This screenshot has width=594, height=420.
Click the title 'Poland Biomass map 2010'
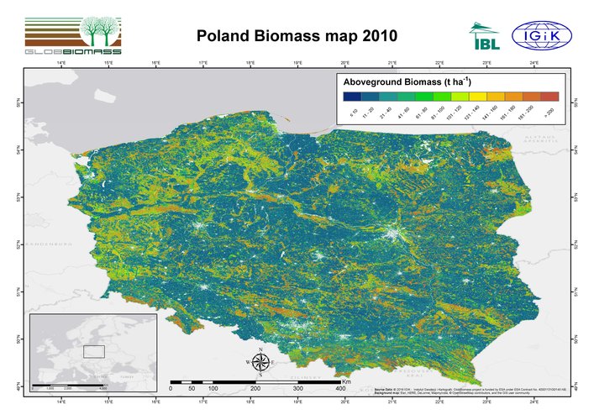pyautogui.click(x=296, y=36)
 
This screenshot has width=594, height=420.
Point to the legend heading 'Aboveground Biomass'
pyautogui.click(x=399, y=82)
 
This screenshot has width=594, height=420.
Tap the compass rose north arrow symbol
pyautogui.click(x=260, y=362)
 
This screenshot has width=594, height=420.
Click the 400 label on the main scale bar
pyautogui.click(x=340, y=389)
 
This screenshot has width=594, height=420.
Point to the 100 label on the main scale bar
pyautogui.click(x=213, y=389)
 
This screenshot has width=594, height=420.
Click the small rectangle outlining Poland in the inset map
pyautogui.click(x=93, y=351)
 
